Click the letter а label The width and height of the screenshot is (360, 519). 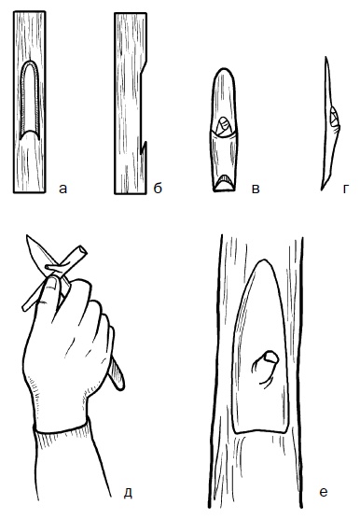(x=62, y=189)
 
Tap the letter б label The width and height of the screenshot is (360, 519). (x=158, y=188)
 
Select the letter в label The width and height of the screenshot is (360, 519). (x=256, y=189)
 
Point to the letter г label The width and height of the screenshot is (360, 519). (x=345, y=189)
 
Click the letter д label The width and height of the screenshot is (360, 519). (x=128, y=493)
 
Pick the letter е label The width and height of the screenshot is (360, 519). (x=324, y=492)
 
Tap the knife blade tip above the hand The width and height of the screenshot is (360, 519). (x=27, y=236)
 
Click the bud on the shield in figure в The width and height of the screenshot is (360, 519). (x=224, y=127)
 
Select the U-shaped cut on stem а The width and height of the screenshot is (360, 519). (x=30, y=100)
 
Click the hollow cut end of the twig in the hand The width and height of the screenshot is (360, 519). (x=82, y=250)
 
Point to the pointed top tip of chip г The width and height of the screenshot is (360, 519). (x=325, y=58)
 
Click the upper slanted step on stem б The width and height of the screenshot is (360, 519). (x=144, y=68)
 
